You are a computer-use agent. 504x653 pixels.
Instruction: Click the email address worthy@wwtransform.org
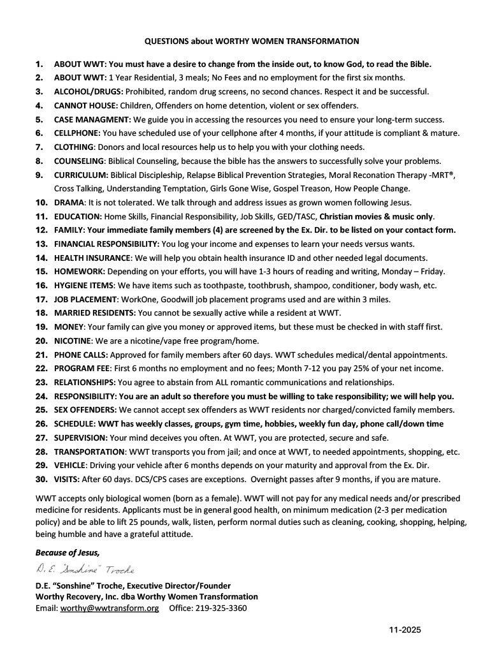click(110, 608)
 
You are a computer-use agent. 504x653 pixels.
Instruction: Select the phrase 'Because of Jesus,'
click(68, 553)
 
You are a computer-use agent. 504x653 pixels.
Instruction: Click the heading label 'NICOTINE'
click(73, 341)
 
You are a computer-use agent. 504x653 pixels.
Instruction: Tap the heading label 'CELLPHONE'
click(76, 133)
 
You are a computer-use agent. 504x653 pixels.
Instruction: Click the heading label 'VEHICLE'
click(71, 466)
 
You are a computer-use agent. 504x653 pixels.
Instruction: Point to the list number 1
click(40, 64)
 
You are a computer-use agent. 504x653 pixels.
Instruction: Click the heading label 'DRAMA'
click(69, 202)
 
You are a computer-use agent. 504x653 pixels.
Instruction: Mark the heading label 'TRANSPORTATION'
click(90, 452)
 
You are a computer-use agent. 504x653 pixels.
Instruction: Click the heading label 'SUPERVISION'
click(81, 438)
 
